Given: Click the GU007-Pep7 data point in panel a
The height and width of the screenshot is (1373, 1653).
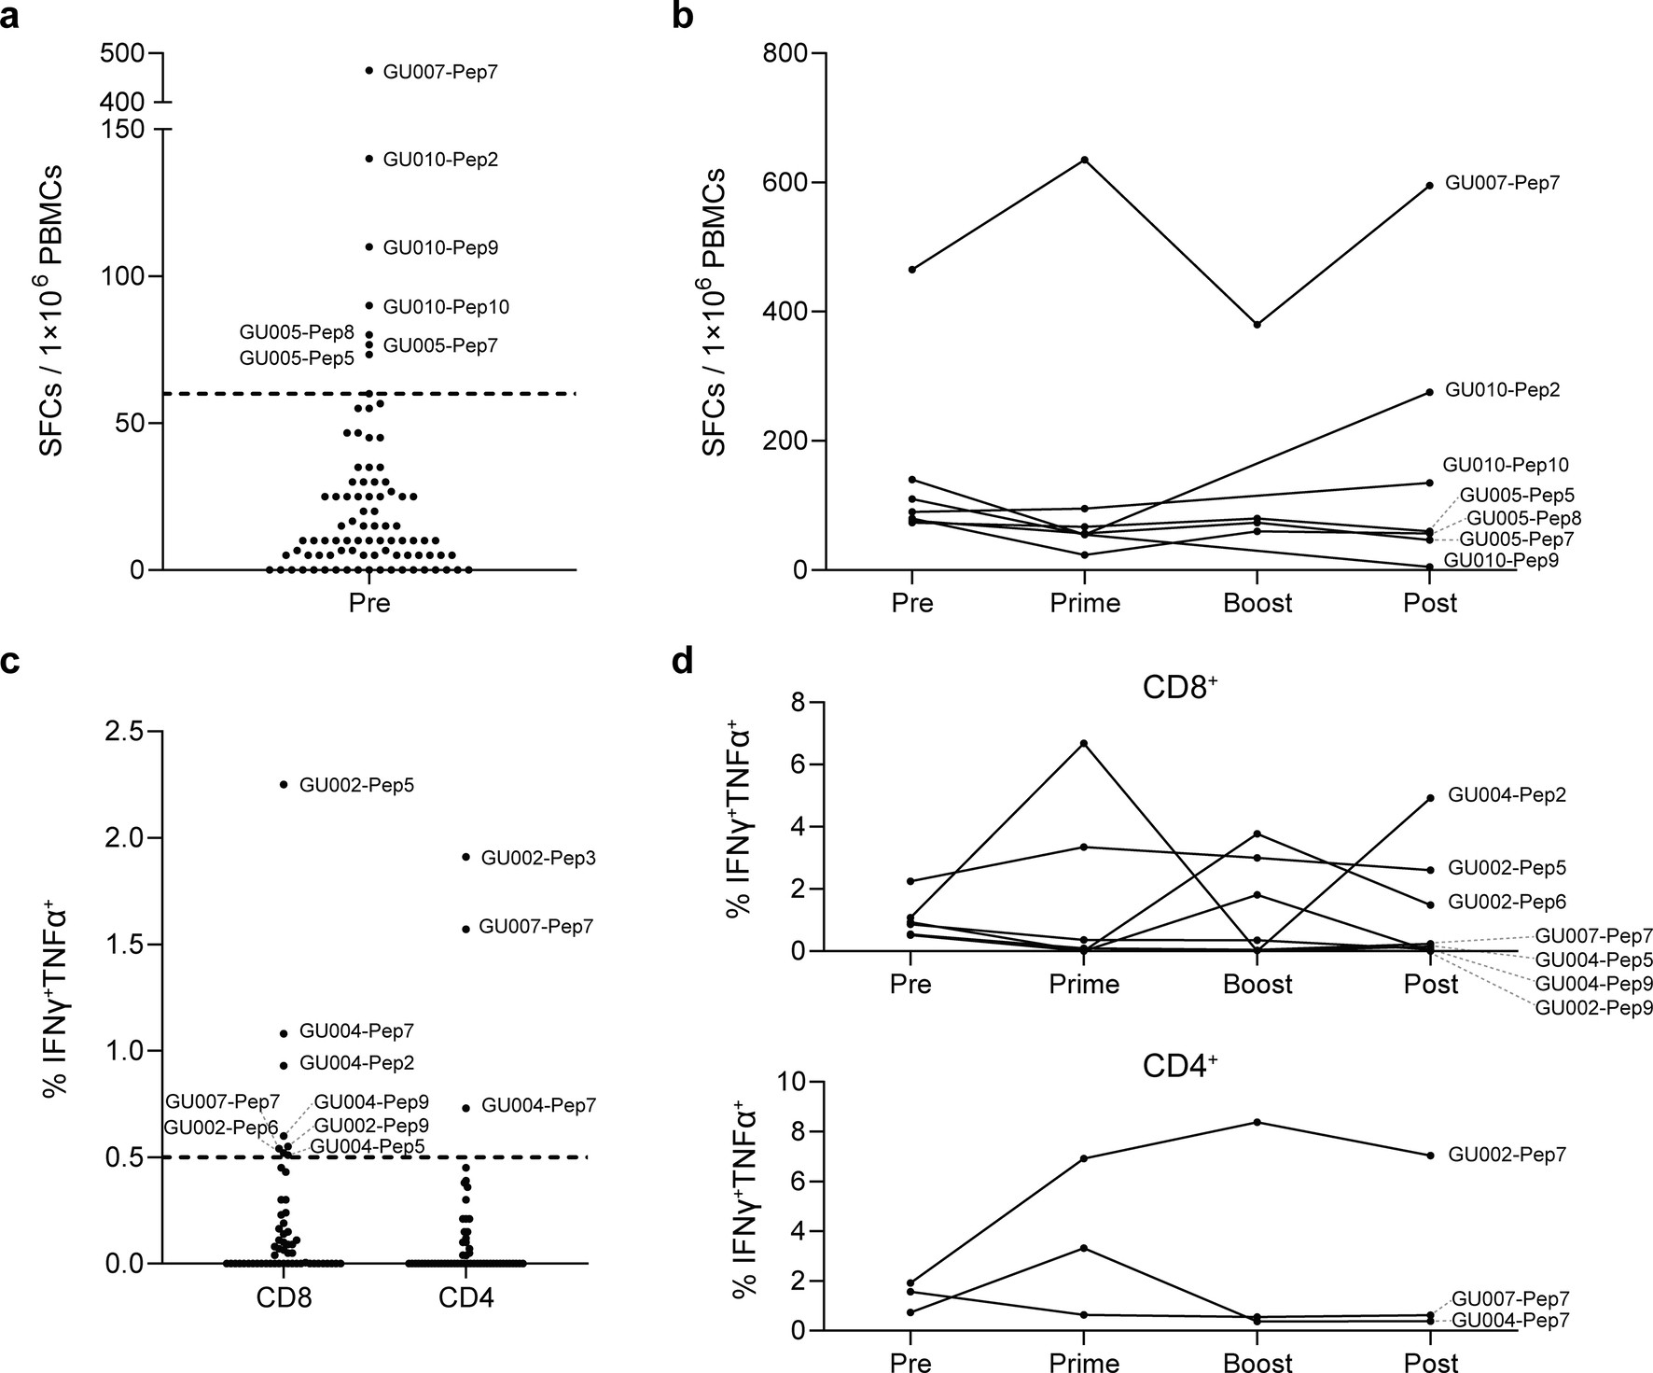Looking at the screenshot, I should [x=369, y=71].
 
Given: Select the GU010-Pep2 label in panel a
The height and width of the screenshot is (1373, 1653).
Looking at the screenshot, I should [x=440, y=160].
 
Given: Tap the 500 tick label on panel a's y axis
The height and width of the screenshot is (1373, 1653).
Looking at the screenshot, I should [x=120, y=54].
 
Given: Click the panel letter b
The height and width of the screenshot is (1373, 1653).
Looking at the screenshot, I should [x=683, y=16].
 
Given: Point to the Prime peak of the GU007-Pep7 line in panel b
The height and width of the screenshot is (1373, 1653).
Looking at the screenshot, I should [x=1084, y=160].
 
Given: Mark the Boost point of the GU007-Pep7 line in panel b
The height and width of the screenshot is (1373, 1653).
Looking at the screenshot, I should [x=1257, y=325].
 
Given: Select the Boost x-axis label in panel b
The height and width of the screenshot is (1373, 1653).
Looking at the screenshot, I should [x=1257, y=603].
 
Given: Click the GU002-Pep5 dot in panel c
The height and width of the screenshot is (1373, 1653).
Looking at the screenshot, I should [x=284, y=785].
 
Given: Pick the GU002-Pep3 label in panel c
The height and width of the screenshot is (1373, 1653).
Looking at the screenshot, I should [x=538, y=859].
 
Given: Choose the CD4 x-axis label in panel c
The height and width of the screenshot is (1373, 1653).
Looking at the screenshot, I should [x=465, y=1299].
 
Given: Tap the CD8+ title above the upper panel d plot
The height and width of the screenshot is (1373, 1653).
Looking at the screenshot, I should [x=1181, y=689].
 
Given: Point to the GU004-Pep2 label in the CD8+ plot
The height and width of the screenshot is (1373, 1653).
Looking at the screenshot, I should [x=1507, y=795].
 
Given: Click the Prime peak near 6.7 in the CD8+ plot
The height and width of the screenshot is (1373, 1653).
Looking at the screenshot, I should [x=1084, y=743].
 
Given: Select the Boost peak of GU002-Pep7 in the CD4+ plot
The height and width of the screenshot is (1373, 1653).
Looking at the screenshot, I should [x=1257, y=1122].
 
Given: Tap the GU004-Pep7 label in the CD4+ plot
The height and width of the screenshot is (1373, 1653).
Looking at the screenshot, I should [x=1510, y=1321].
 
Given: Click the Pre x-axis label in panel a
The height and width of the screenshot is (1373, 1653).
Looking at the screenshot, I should [x=369, y=603].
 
